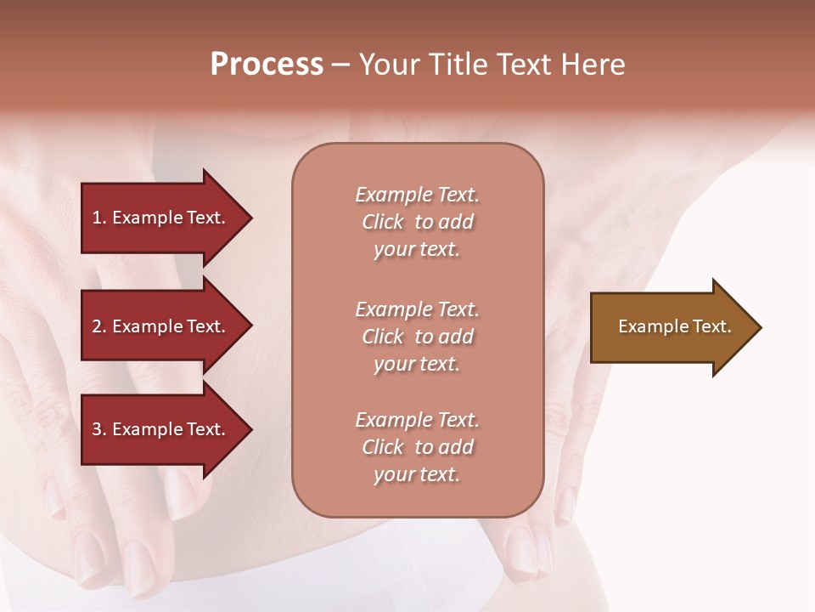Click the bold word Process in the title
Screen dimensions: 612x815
[x=267, y=65]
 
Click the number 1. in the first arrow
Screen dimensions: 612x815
[x=99, y=218]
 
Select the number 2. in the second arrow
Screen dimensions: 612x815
[x=99, y=326]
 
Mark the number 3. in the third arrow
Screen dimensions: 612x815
[x=99, y=429]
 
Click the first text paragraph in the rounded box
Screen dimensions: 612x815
[x=417, y=222]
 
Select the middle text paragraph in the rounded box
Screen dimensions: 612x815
[x=417, y=337]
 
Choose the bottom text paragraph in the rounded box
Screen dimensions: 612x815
[x=417, y=447]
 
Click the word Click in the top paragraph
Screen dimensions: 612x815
[x=383, y=222]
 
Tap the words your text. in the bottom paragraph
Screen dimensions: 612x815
[x=417, y=474]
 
